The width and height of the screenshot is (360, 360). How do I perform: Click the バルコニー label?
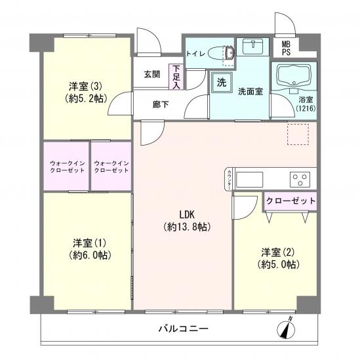(x=183, y=328)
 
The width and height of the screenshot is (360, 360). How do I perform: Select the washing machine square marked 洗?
(x=221, y=84)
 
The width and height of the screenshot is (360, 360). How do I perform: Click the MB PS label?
(x=287, y=48)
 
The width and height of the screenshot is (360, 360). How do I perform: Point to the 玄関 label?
(x=153, y=74)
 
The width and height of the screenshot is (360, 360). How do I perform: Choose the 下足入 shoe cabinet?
(x=175, y=75)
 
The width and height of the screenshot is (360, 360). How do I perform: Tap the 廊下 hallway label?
(x=161, y=103)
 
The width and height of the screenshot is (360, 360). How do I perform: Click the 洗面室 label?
(x=250, y=91)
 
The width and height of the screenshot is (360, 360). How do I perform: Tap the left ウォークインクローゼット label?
(x=67, y=166)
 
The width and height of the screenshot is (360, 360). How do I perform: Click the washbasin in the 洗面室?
(x=252, y=47)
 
